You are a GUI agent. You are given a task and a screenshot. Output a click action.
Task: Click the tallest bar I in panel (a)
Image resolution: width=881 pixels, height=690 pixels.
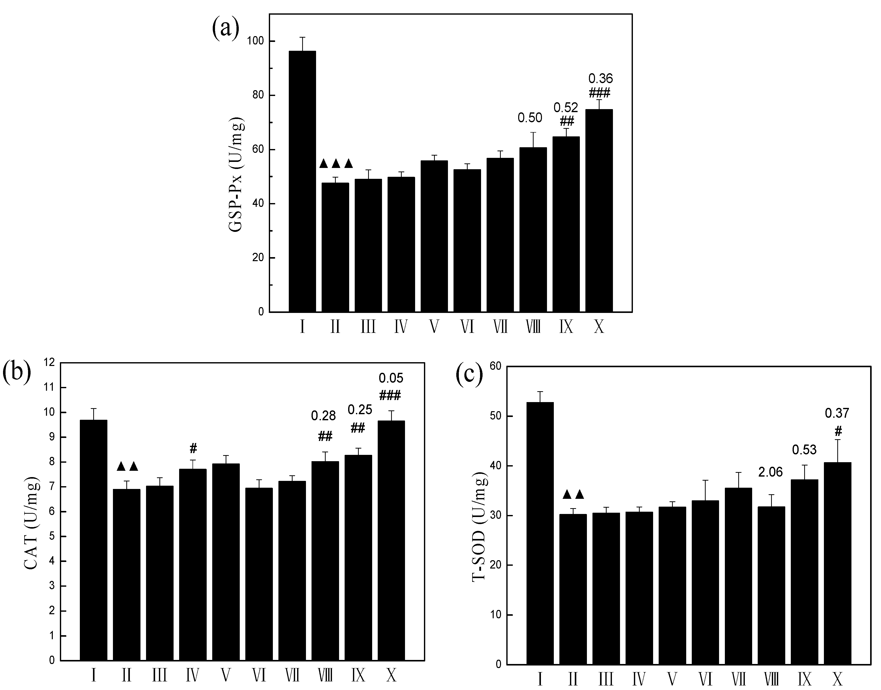(302, 182)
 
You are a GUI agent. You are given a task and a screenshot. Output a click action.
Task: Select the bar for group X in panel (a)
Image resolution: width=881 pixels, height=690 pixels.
(599, 210)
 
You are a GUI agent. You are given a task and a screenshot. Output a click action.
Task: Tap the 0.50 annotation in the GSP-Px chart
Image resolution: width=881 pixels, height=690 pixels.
(530, 118)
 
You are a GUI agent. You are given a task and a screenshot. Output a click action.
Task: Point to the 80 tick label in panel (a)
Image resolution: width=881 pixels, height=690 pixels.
(258, 95)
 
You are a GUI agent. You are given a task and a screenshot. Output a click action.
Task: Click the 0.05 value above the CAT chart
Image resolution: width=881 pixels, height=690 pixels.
(391, 378)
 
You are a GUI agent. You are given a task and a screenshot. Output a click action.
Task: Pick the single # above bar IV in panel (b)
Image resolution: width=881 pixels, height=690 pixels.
(193, 448)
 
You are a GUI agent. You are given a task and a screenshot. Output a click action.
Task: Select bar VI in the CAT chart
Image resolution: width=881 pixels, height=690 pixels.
(259, 574)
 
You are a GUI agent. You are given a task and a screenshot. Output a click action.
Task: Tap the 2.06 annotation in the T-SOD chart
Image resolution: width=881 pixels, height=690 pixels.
(770, 472)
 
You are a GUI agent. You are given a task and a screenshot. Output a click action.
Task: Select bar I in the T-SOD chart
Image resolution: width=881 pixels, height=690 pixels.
(540, 533)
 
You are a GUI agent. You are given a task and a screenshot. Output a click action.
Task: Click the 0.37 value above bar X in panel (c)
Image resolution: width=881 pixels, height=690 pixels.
(837, 413)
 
